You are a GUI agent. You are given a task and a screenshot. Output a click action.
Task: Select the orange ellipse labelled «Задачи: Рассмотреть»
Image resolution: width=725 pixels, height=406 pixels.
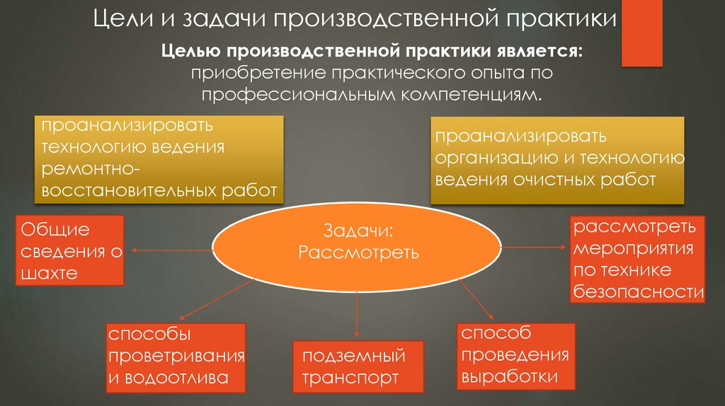coord(358,243)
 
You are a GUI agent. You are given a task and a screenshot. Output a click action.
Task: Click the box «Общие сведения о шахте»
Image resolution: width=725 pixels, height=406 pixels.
coord(69,252)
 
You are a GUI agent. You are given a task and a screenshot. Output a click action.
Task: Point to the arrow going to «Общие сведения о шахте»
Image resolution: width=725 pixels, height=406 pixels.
coord(170,250)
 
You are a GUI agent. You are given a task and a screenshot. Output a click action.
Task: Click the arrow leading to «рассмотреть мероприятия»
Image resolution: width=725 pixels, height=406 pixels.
coord(535,247)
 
